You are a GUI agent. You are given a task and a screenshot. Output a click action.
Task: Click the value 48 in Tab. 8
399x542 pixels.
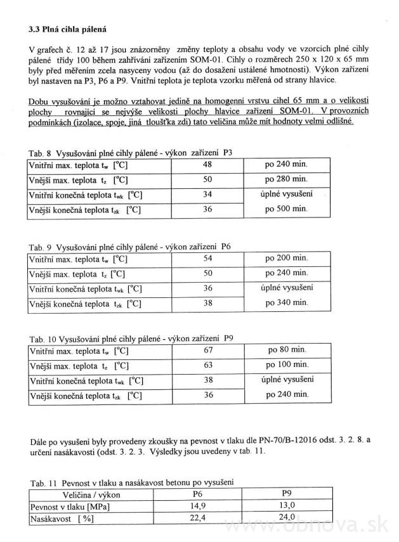tap(206, 164)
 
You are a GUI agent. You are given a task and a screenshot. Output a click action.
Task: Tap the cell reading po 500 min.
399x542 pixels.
tap(286, 209)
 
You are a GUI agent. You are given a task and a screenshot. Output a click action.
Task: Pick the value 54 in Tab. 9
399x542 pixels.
tap(206, 259)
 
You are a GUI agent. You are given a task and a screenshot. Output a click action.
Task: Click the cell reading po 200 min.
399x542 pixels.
tap(287, 259)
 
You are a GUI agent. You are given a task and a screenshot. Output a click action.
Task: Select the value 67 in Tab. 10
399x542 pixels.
tap(206, 350)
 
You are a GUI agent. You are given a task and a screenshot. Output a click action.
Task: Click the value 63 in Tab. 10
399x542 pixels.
tap(206, 365)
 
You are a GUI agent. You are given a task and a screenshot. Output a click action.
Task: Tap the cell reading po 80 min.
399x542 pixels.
tap(287, 350)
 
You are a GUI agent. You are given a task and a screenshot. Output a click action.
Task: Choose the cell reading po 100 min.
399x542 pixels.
tap(287, 365)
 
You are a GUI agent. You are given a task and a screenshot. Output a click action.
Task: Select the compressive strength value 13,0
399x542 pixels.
tap(288, 507)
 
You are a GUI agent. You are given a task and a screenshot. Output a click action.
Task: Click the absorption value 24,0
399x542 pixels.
tap(288, 518)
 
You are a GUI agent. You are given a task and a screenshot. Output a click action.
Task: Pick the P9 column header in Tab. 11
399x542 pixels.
tap(288, 494)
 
